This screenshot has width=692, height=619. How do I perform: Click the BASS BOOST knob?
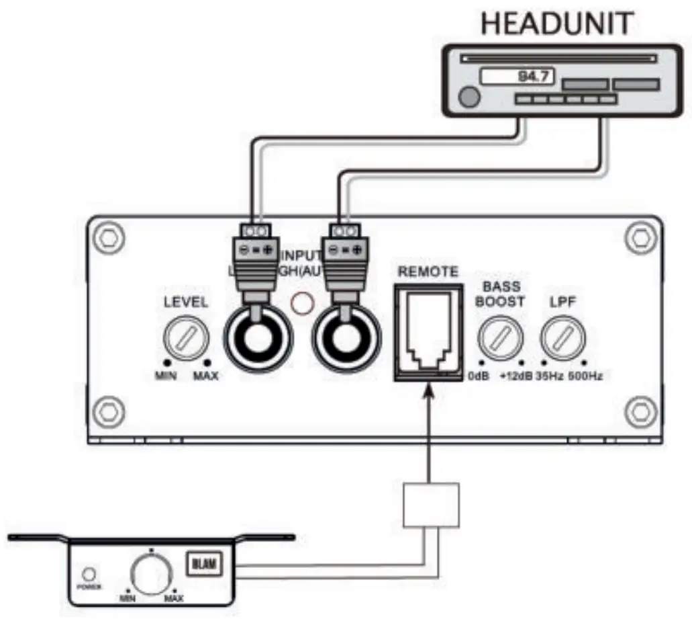(499, 339)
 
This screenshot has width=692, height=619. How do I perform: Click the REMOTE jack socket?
(428, 330)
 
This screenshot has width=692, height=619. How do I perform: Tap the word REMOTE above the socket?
(428, 272)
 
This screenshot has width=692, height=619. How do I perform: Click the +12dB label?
(515, 376)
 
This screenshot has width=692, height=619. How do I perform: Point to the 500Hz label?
(585, 376)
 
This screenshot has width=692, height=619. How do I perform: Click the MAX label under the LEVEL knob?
(205, 376)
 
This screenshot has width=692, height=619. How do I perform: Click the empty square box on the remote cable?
(431, 505)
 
